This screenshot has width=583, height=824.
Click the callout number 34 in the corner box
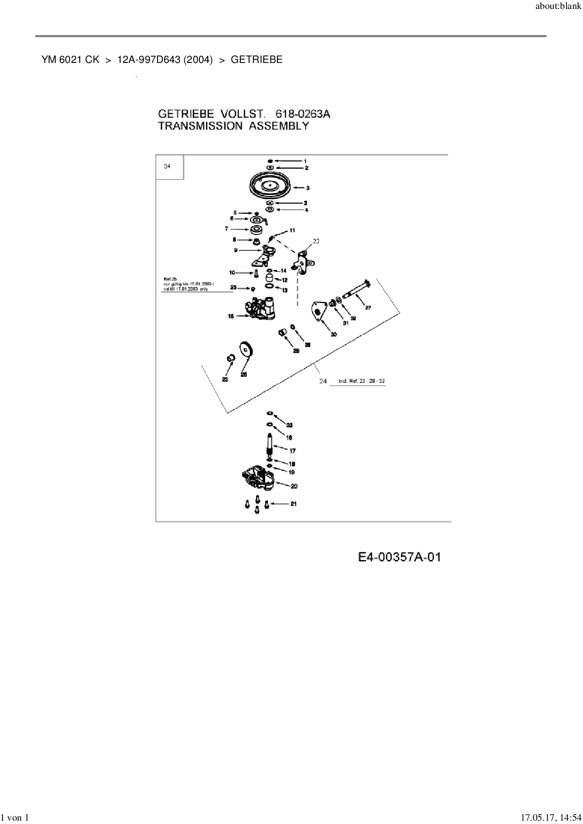pos(167,166)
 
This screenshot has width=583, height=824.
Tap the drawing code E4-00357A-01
pos(399,557)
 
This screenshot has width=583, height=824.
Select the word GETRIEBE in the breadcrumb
pos(257,60)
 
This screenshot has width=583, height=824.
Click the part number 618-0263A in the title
pos(303,114)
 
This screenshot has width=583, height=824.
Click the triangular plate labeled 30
pos(319,311)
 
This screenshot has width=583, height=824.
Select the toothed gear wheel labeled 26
pos(246,350)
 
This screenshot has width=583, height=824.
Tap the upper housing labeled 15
pos(262,310)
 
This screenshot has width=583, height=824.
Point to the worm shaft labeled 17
pos(270,447)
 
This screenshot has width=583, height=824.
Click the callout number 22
pos(316,241)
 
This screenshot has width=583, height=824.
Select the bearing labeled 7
pos(257,230)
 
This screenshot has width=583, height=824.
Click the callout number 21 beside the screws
pos(293,504)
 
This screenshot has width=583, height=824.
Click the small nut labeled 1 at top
pos(270,161)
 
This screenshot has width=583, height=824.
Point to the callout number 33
pos(289,425)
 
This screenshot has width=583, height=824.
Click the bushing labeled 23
pos(230,359)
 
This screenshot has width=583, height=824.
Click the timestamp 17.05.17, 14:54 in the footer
pos(550,818)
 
